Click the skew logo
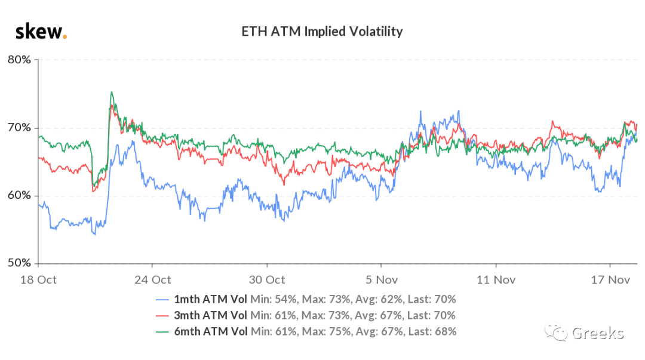[41, 32]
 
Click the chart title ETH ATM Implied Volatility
[322, 32]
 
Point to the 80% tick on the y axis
[19, 60]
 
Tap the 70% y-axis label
[19, 128]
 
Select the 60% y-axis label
[19, 195]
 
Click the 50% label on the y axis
[19, 263]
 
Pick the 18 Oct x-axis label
[38, 280]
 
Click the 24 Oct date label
[153, 280]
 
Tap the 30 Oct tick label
[267, 280]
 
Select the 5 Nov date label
[382, 280]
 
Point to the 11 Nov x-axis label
[496, 280]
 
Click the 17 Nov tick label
[610, 280]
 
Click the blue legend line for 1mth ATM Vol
[162, 300]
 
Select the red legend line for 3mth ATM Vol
[162, 316]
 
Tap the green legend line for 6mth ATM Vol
[162, 332]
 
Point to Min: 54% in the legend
[274, 300]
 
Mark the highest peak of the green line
[112, 92]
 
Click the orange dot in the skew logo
[64, 37]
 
